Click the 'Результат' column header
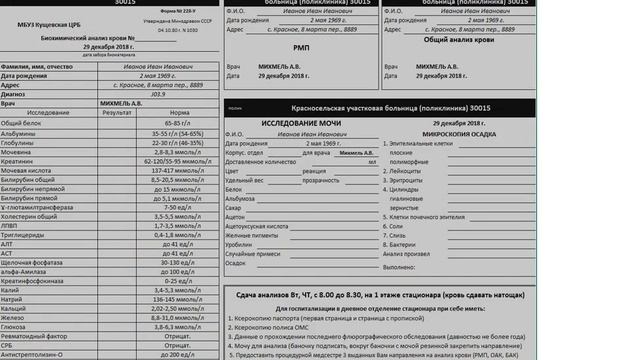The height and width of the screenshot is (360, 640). click(x=118, y=112)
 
